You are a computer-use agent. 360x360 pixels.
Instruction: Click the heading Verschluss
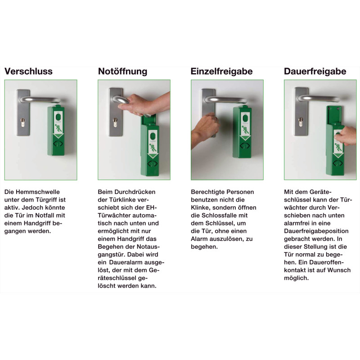(28, 71)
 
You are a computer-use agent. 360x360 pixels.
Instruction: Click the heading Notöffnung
(122, 71)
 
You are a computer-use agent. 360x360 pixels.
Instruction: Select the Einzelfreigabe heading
(221, 71)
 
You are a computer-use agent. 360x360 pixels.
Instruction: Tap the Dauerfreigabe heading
(315, 71)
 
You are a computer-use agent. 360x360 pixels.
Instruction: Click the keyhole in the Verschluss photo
(23, 122)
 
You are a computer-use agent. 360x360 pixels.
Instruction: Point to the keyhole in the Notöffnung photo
(115, 122)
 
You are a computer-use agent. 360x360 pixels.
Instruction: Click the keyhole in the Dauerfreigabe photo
(301, 121)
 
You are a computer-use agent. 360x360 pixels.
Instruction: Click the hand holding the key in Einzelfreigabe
(204, 130)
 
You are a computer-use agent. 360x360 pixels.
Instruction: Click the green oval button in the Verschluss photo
(58, 117)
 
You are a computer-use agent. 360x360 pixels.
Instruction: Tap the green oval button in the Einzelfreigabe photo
(245, 119)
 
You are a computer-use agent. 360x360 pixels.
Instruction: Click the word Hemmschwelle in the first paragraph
(38, 192)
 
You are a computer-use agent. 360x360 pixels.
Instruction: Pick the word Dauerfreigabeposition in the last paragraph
(316, 231)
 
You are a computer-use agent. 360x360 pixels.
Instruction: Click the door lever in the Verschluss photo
(40, 99)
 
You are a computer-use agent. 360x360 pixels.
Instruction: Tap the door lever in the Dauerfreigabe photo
(319, 98)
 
